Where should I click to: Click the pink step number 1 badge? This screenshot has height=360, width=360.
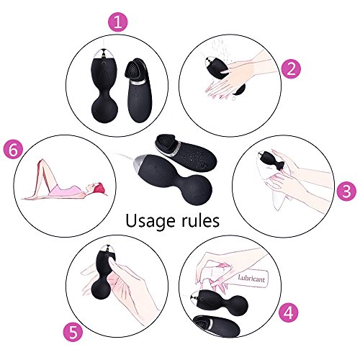coord(117,22)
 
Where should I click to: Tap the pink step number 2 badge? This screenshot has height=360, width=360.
coord(291,69)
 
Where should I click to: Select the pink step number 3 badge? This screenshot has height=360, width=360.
coord(346,192)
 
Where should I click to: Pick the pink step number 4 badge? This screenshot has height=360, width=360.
coord(289,312)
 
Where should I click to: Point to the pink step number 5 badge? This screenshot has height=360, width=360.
coord(73,333)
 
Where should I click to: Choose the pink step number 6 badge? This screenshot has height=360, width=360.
coord(13,150)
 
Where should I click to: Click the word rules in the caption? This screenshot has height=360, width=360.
coord(200,220)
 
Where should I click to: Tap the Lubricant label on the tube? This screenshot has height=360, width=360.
coord(251,279)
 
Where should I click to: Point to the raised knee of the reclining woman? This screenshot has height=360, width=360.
coord(42,161)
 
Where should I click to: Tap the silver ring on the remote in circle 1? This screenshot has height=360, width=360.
coord(139,82)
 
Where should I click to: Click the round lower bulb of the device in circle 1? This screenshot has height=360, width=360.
coord(104,110)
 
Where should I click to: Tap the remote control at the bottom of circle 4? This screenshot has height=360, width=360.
coord(217,326)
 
